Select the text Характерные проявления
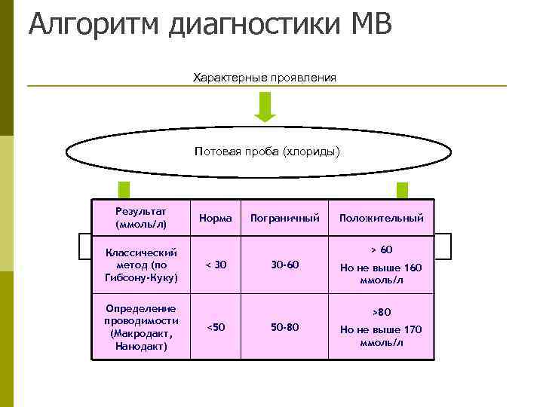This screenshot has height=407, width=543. tap(265, 78)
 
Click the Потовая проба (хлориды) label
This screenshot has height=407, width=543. tap(267, 151)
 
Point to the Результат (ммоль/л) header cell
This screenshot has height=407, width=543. tap(141, 218)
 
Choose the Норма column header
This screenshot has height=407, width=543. tap(216, 218)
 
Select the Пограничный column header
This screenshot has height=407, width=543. tap(285, 218)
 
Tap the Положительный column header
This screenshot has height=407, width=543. tap(381, 218)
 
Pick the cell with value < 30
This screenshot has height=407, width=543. tap(215, 265)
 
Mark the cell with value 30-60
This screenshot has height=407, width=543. tap(285, 265)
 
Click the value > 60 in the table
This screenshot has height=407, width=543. tap(381, 249)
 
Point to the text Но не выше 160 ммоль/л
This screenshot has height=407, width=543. tap(381, 274)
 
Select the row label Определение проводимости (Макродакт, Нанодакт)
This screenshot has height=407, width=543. tap(141, 327)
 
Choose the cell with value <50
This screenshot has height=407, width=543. tap(215, 327)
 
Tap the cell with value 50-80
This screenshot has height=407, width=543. tap(285, 327)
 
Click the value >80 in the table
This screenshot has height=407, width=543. tap(381, 312)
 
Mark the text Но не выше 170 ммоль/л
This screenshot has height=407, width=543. tap(381, 335)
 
